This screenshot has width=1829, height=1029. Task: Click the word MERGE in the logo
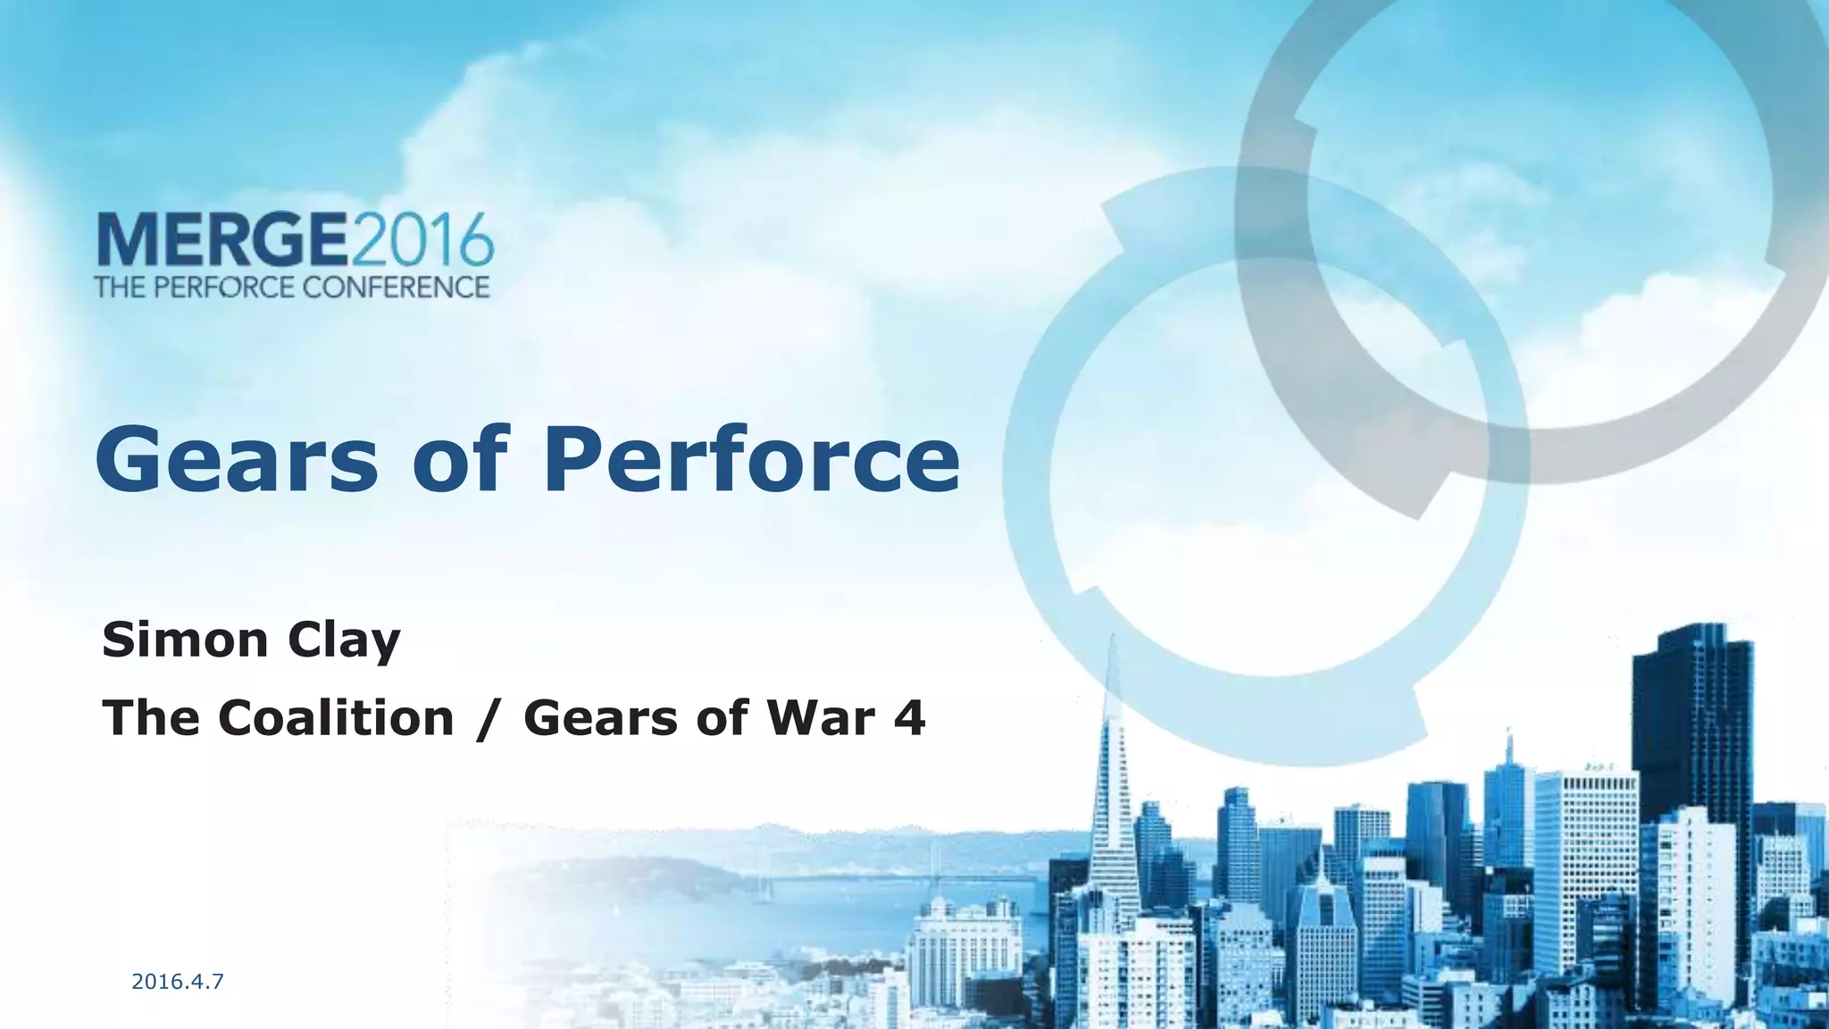pos(222,239)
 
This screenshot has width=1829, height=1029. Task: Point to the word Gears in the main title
pos(235,460)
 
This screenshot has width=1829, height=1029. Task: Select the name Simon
pos(185,640)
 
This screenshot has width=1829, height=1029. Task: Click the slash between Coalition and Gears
pos(487,719)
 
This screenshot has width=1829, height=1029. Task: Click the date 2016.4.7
pos(177,983)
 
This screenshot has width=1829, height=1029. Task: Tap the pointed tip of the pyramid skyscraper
pos(1113,640)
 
